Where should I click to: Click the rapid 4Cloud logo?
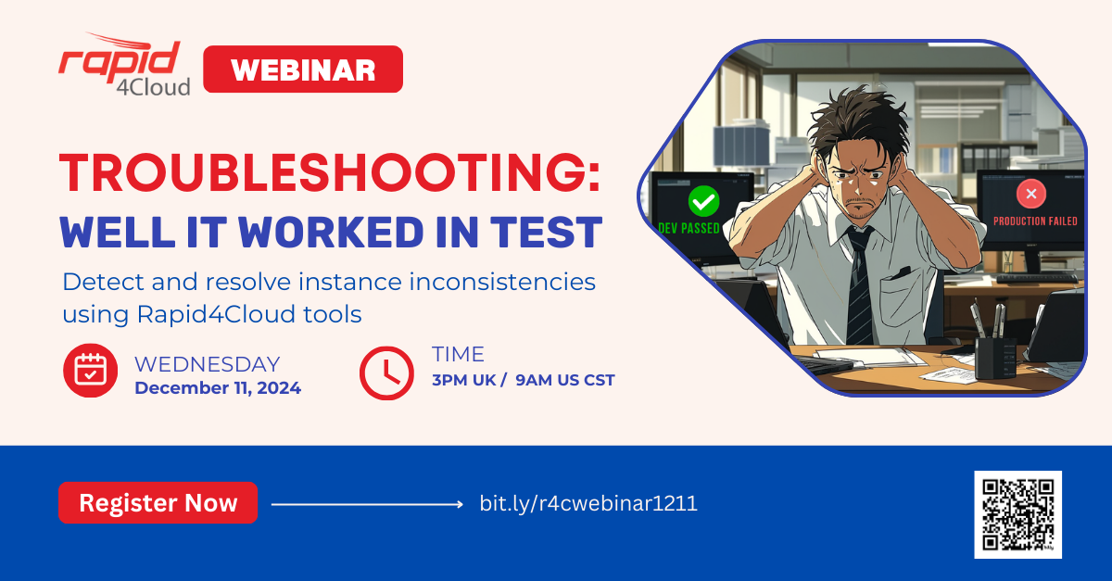pos(124,65)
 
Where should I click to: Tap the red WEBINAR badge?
pos(303,69)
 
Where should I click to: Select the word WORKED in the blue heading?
pos(331,232)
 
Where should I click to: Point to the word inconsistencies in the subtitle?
pos(502,282)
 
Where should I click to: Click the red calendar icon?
pos(91,371)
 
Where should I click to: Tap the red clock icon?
pos(386,373)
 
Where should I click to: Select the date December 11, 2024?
pos(218,388)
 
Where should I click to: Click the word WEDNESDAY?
pos(207,364)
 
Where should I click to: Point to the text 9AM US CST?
pos(565,380)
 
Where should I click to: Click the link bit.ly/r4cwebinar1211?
pos(588,503)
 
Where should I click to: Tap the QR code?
pos(1018,514)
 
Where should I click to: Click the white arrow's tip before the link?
pos(462,504)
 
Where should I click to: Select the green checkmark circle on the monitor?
pos(703,201)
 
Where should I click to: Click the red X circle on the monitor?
pos(1031,194)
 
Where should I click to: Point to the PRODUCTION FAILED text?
pos(1035,221)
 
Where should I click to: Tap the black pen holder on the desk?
pos(995,358)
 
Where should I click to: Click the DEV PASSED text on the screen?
pos(689,229)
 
